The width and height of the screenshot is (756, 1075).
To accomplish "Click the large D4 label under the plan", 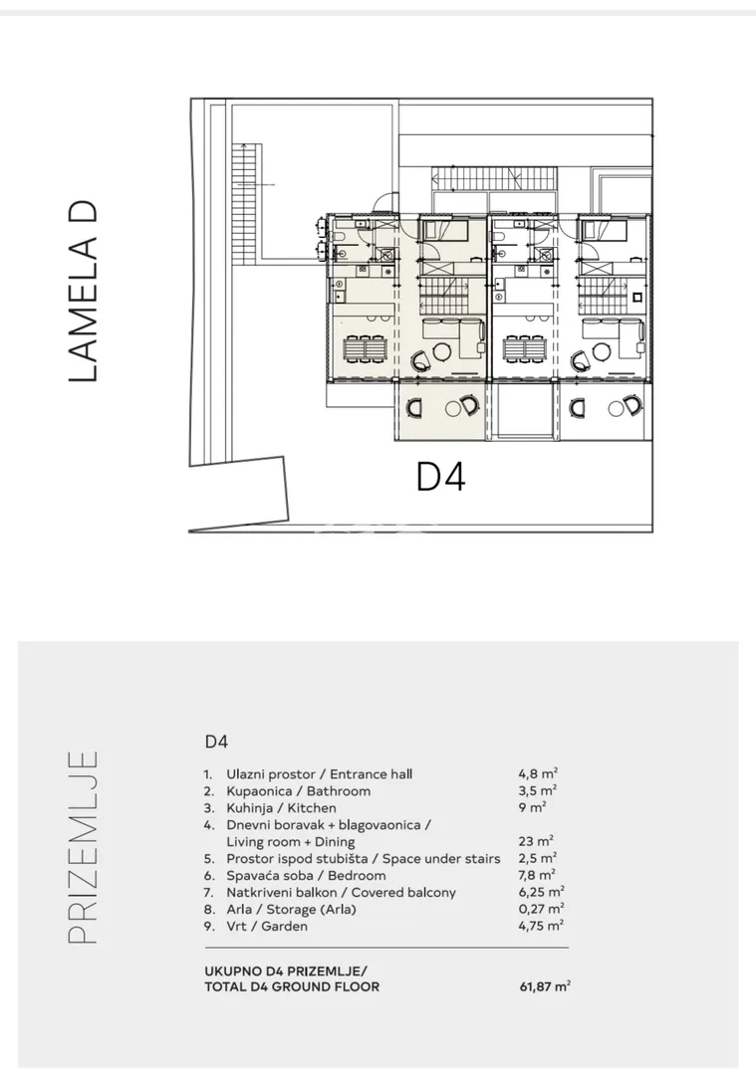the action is (441, 477).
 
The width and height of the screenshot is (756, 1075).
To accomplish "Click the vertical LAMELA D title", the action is (85, 292).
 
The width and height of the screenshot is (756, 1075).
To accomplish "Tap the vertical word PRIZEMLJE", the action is (84, 847).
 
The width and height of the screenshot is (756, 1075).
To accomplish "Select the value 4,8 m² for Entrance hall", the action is (538, 774).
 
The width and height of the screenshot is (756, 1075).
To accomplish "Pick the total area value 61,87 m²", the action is (546, 987).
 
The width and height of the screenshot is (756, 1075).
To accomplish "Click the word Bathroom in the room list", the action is (339, 791).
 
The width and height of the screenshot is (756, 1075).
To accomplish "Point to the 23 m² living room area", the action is (536, 841).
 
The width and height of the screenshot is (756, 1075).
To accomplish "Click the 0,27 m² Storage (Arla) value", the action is (541, 909).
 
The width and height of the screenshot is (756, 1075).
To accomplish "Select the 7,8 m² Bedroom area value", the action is (537, 876).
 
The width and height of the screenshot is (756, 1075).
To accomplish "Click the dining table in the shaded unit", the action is (363, 350).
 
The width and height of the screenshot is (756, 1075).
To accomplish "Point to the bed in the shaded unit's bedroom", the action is (443, 229).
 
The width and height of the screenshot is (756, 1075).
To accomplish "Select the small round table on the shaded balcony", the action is (452, 409).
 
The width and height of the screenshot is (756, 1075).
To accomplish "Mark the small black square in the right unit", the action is (637, 298).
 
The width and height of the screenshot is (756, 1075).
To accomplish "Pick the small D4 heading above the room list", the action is (216, 742).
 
